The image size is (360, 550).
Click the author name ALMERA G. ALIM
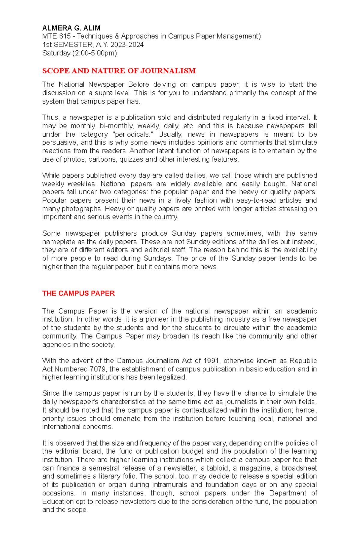[71, 28]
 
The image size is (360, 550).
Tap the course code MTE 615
[56, 36]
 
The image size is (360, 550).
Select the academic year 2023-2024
[127, 45]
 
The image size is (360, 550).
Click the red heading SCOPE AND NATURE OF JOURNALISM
[119, 71]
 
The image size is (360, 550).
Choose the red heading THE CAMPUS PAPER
[78, 293]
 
